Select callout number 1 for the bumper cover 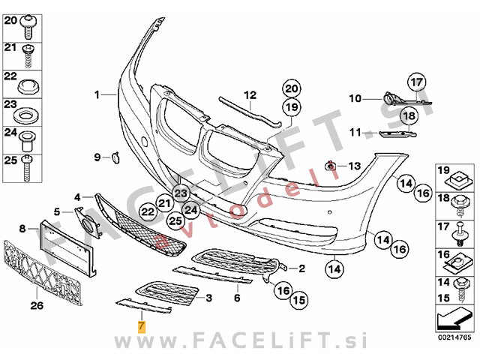[x=97, y=94]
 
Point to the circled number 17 [x=416, y=82]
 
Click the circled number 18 [x=407, y=116]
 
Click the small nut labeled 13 [x=329, y=165]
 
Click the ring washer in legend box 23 [x=28, y=116]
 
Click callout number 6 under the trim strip [x=236, y=298]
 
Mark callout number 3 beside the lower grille [x=208, y=298]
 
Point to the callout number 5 [x=57, y=212]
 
